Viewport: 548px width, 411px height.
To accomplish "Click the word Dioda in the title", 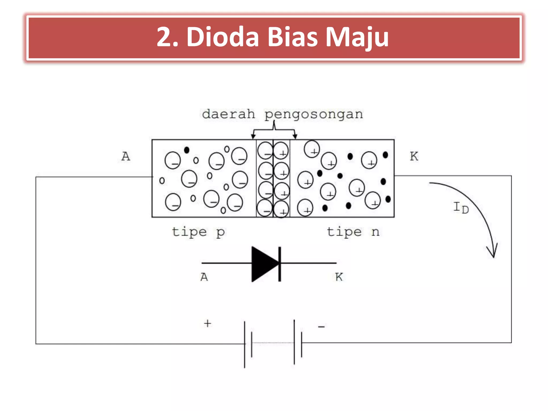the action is tap(223, 37).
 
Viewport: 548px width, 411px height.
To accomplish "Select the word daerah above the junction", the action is tap(228, 114).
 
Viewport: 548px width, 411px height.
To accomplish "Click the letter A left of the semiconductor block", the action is tap(126, 157).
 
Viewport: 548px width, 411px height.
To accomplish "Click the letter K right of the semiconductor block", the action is tap(414, 157).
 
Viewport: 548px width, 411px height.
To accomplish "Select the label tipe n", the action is tap(353, 232).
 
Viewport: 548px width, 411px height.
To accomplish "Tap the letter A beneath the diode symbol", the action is tap(204, 277).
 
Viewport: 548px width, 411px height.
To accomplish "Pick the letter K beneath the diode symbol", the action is tap(339, 277).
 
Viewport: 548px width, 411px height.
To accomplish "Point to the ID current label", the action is tap(461, 208).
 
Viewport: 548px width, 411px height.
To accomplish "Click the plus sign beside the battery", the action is tap(207, 324).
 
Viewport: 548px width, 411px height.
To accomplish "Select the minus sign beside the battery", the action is tap(321, 326).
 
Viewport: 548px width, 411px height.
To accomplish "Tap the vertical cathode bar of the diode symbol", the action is tap(280, 264).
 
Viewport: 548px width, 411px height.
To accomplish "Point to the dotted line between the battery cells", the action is tap(273, 343).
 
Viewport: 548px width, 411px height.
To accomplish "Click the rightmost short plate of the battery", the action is tap(302, 344).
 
